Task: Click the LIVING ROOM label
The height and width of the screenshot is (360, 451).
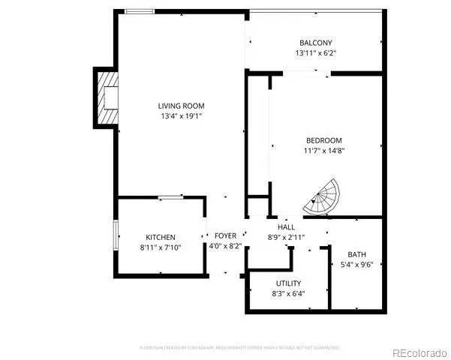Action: (x=181, y=106)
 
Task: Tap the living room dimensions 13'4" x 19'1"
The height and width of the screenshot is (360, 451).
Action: (x=181, y=116)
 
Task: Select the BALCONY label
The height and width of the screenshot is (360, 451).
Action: (x=315, y=43)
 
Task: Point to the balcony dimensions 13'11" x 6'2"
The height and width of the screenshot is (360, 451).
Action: (x=315, y=53)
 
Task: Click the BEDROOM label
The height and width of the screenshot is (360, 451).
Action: (x=324, y=140)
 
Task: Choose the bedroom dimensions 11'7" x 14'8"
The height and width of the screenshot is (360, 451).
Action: (x=324, y=151)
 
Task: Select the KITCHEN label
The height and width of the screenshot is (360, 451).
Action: (x=161, y=237)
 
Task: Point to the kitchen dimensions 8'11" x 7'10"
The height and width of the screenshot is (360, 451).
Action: (x=161, y=247)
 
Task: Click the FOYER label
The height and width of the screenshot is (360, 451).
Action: (x=225, y=235)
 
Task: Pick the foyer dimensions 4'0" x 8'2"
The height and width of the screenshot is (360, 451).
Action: (x=225, y=246)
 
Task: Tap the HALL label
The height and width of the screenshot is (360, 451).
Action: (x=286, y=227)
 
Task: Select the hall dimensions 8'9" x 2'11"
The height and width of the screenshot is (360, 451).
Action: (x=286, y=237)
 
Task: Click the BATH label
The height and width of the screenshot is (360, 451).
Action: (x=357, y=253)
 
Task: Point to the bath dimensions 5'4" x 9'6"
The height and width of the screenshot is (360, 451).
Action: (x=357, y=264)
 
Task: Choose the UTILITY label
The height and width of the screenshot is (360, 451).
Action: (x=288, y=283)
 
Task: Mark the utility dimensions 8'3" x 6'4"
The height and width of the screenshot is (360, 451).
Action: (x=288, y=293)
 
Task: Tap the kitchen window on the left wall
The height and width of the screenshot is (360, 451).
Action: (x=116, y=236)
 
